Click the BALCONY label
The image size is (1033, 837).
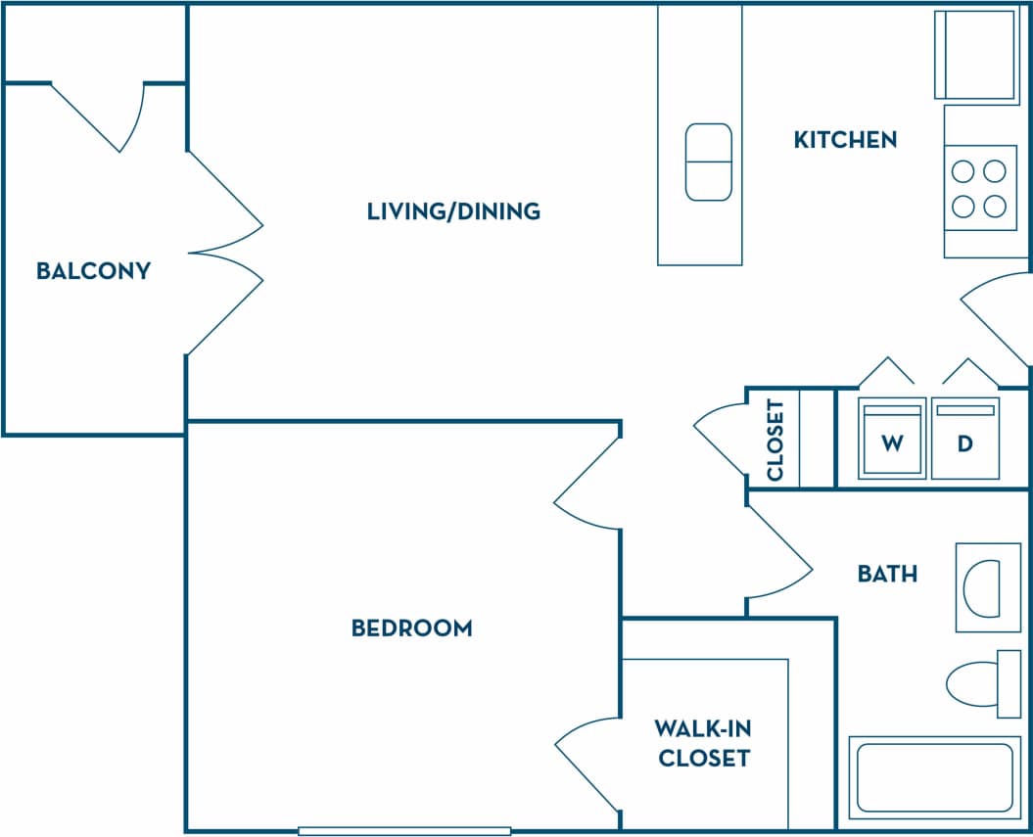click(93, 270)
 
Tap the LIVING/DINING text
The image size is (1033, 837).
click(453, 210)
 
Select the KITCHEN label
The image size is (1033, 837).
click(845, 139)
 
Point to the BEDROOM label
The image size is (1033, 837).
click(411, 628)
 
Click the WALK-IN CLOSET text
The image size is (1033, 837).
click(704, 743)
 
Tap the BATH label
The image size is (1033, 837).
click(887, 574)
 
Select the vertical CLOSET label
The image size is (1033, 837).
click(775, 440)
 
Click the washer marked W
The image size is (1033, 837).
click(891, 442)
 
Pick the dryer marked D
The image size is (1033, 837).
click(964, 442)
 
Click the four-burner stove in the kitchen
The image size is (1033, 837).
click(979, 188)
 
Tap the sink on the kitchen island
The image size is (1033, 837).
click(708, 162)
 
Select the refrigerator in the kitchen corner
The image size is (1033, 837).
click(975, 54)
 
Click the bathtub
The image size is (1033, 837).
click(933, 777)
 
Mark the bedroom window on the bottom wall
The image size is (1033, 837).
click(404, 830)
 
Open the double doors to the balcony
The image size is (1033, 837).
click(225, 253)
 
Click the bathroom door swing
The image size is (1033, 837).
click(778, 558)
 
